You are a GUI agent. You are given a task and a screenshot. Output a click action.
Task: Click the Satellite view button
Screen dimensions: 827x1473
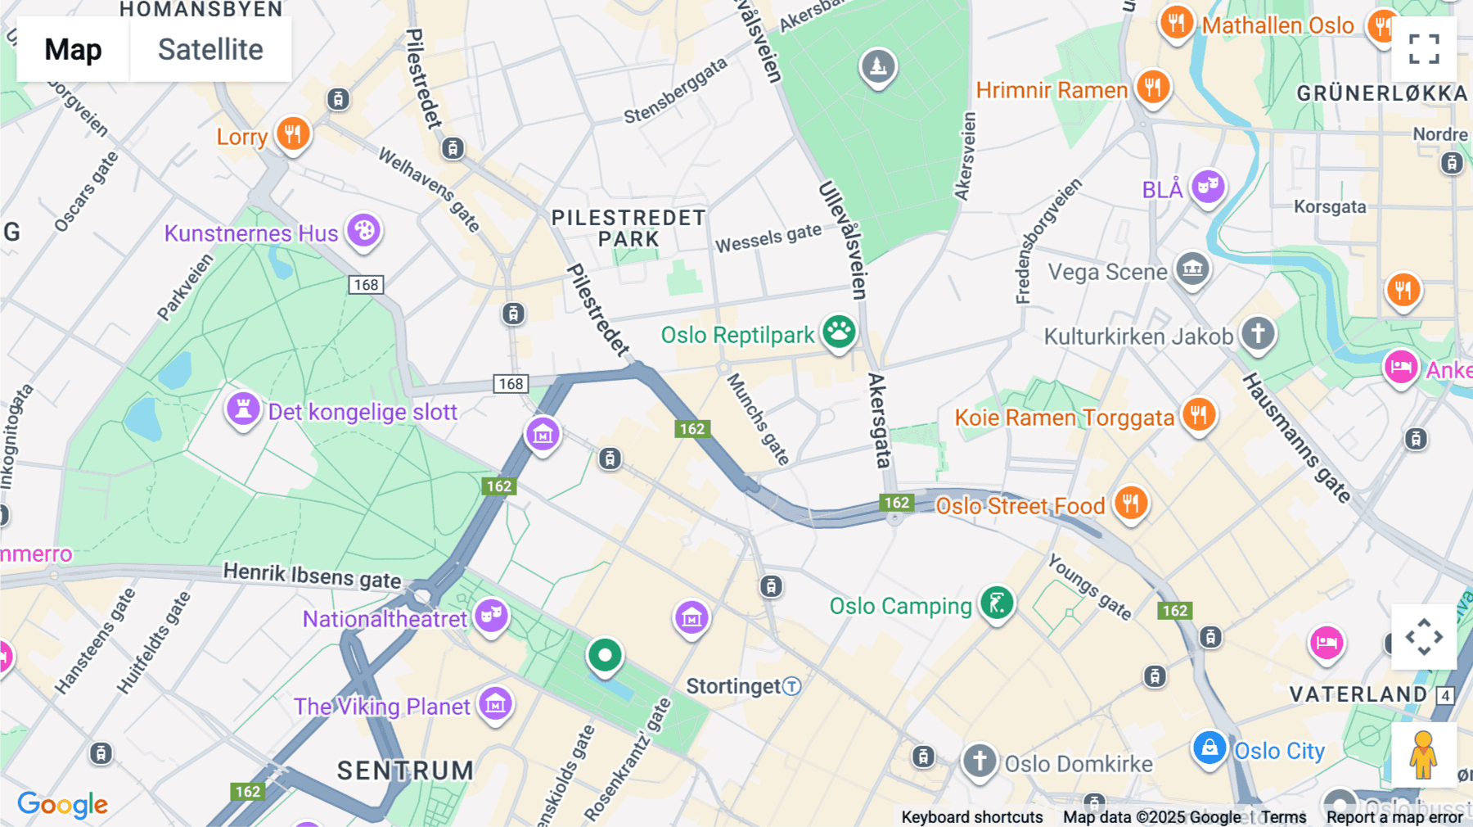pos(210,50)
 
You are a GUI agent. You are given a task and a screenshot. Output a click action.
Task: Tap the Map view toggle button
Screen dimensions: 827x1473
pos(73,50)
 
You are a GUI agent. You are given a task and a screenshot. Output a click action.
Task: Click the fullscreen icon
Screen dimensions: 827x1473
pos(1424,49)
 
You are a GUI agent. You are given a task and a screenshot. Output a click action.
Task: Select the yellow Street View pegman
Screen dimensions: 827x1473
pos(1423,754)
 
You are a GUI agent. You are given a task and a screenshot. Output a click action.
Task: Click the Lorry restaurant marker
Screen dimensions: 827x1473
pos(292,133)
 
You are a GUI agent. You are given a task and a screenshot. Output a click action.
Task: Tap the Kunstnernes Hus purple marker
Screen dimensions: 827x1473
pos(364,231)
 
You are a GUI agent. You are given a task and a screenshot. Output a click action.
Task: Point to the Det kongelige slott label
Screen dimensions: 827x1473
pos(363,412)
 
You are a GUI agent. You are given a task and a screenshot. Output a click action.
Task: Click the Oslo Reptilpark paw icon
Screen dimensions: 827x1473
pos(839,332)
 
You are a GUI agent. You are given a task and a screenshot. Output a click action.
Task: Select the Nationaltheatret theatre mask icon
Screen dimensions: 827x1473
pos(491,614)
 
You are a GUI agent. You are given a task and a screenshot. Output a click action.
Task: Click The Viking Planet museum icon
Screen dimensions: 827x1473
pos(495,703)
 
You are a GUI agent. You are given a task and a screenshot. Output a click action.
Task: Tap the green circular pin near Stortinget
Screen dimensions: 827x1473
pos(605,655)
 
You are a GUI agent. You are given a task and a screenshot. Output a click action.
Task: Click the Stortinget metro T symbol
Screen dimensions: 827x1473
pos(791,686)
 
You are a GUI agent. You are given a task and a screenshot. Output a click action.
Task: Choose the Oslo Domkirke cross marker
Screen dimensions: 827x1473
pos(979,761)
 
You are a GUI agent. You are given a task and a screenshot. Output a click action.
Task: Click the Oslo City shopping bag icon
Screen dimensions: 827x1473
pos(1209,748)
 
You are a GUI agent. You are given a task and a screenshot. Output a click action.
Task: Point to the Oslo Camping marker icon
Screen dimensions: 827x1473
pos(997,604)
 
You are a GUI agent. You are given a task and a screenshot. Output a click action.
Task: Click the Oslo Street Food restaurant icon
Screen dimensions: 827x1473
pos(1130,503)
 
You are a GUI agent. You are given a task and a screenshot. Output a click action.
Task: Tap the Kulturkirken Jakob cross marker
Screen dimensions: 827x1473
pos(1258,333)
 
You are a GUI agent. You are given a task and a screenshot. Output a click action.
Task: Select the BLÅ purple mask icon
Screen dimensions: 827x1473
pos(1208,187)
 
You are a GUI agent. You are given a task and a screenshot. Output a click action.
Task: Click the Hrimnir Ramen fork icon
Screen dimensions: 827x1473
pos(1152,86)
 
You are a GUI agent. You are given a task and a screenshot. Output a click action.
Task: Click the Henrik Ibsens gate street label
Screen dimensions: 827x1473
pos(312,576)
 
